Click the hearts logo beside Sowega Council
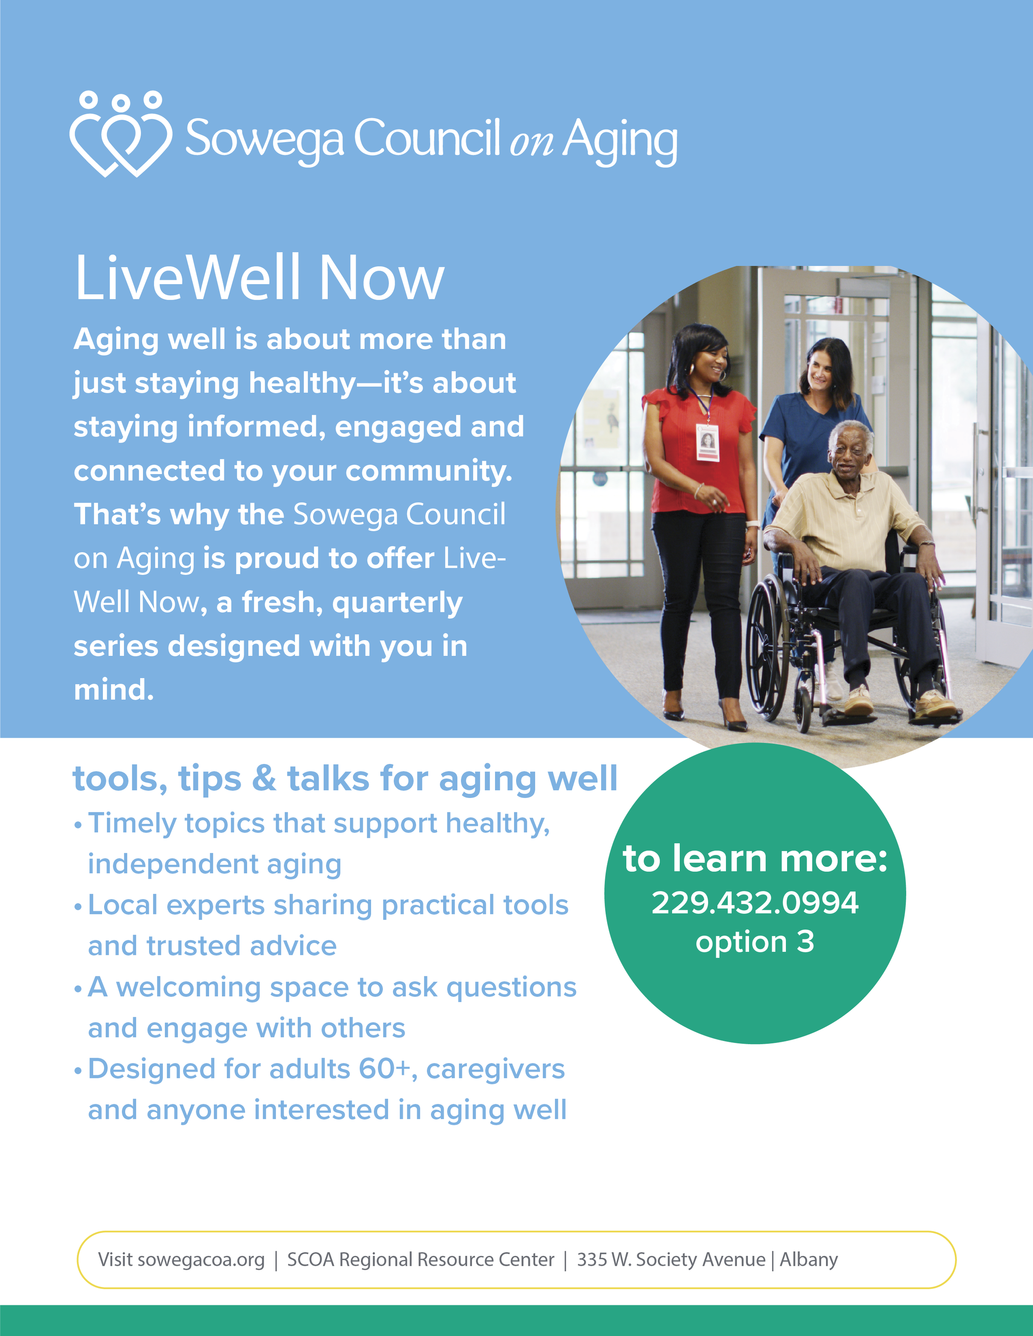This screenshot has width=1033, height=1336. click(121, 135)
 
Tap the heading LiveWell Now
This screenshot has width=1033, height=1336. click(259, 278)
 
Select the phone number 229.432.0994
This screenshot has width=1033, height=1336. click(755, 903)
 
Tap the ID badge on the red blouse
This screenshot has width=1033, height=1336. click(707, 441)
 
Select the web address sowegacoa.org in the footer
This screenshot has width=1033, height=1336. click(201, 1260)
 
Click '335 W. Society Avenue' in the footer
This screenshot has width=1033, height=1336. click(671, 1260)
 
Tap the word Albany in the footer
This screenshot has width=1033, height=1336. click(808, 1260)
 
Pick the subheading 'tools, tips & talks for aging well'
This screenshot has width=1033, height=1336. click(345, 779)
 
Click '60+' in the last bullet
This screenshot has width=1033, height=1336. click(384, 1069)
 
